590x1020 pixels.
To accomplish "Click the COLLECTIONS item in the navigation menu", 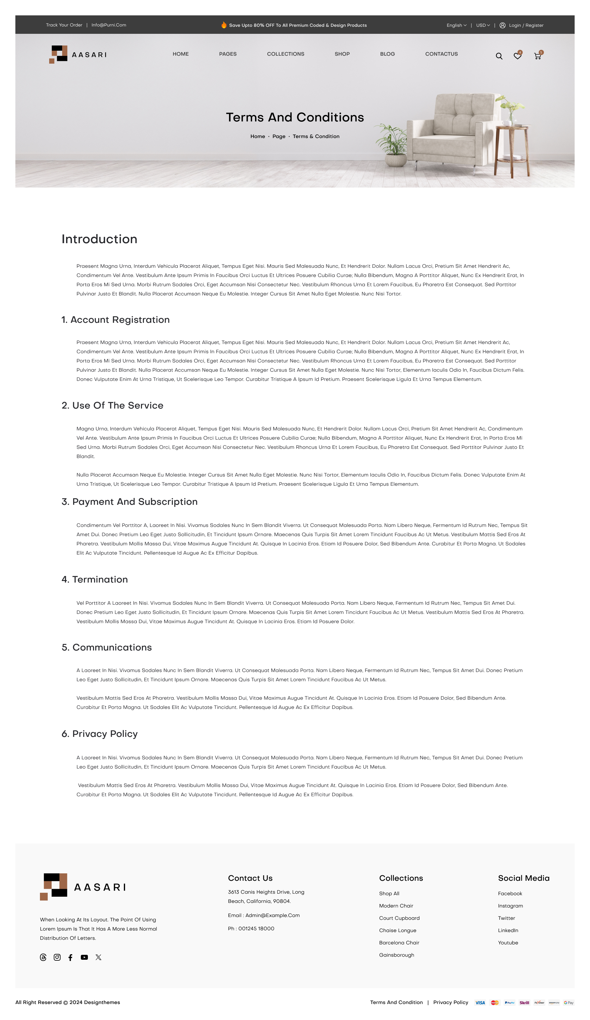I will point(285,54).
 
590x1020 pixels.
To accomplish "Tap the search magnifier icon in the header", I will point(499,56).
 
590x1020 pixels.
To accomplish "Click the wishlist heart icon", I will point(517,56).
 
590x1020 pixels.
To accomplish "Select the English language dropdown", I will point(456,25).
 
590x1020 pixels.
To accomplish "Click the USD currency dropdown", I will point(483,25).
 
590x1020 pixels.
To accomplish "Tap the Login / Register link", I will point(526,25).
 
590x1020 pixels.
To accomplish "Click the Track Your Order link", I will point(64,25).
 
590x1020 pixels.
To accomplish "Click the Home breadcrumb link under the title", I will point(258,136).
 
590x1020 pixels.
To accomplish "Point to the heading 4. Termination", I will point(95,579).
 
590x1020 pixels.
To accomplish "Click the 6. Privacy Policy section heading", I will point(100,734).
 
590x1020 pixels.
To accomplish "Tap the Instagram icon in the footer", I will point(57,957).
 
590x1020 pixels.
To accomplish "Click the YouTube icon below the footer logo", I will point(84,957).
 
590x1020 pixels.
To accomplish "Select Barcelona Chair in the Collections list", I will point(399,943).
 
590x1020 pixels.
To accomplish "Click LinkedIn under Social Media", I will point(508,931).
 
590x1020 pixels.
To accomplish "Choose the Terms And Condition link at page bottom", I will point(396,1002).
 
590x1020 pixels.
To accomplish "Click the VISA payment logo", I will point(480,1002).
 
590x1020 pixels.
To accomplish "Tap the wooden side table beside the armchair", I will point(512,150).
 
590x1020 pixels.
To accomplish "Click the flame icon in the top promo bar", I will point(224,25).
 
